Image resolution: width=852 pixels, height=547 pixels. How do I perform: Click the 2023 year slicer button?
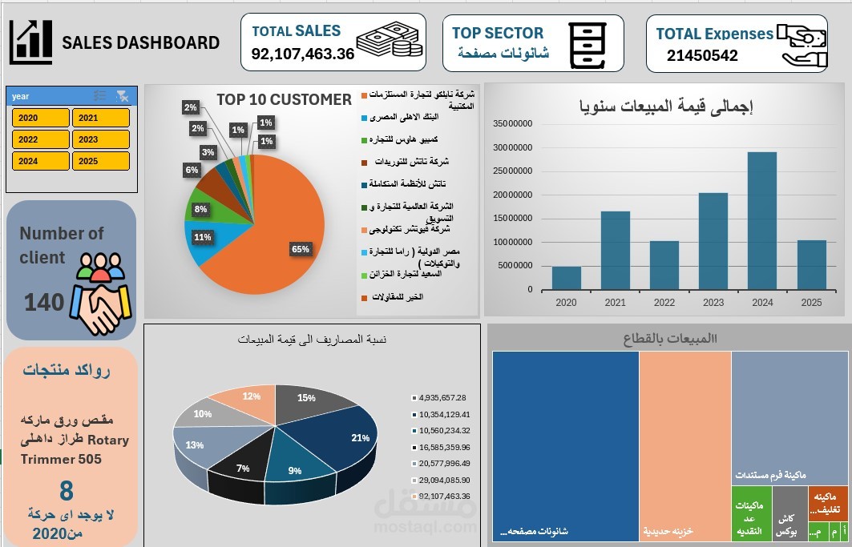[x=100, y=139]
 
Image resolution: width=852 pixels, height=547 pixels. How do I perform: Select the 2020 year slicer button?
[x=40, y=118]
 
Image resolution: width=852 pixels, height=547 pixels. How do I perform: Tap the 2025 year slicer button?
[x=100, y=161]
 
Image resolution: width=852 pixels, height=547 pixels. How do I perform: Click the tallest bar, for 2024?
[x=761, y=220]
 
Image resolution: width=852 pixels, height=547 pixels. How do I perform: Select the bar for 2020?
[x=566, y=278]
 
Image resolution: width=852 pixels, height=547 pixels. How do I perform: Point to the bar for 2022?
[x=664, y=265]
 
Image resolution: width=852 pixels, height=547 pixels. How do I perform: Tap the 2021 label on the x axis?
[x=615, y=302]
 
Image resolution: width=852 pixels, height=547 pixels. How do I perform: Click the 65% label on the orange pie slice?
[x=300, y=249]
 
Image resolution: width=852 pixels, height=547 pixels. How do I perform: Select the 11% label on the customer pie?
[x=203, y=237]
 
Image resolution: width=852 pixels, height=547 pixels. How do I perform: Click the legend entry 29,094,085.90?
[x=443, y=480]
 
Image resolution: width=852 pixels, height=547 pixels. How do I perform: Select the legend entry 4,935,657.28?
[x=442, y=397]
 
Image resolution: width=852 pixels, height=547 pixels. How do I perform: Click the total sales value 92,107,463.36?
[x=302, y=54]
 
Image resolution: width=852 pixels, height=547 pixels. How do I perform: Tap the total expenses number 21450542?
[x=701, y=56]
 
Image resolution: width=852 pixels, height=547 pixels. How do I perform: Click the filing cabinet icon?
[x=587, y=45]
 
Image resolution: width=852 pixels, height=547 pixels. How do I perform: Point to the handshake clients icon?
[x=98, y=296]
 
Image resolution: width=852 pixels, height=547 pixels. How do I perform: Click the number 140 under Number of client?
[x=43, y=303]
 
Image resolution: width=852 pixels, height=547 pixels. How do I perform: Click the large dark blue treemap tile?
[x=565, y=440]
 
